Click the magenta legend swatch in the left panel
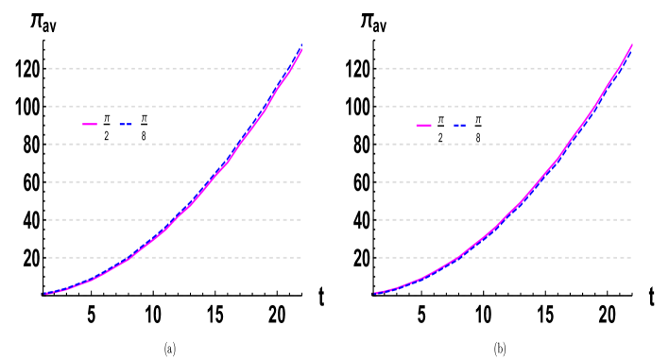(90, 124)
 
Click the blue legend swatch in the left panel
(126, 124)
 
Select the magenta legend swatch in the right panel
(423, 126)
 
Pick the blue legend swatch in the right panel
(459, 126)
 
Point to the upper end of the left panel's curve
(301, 48)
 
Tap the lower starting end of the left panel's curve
(44, 294)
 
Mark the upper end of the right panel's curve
(631, 45)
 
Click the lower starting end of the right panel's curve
(375, 293)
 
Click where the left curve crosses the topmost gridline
(290, 68)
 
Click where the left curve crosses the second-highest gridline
(266, 106)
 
